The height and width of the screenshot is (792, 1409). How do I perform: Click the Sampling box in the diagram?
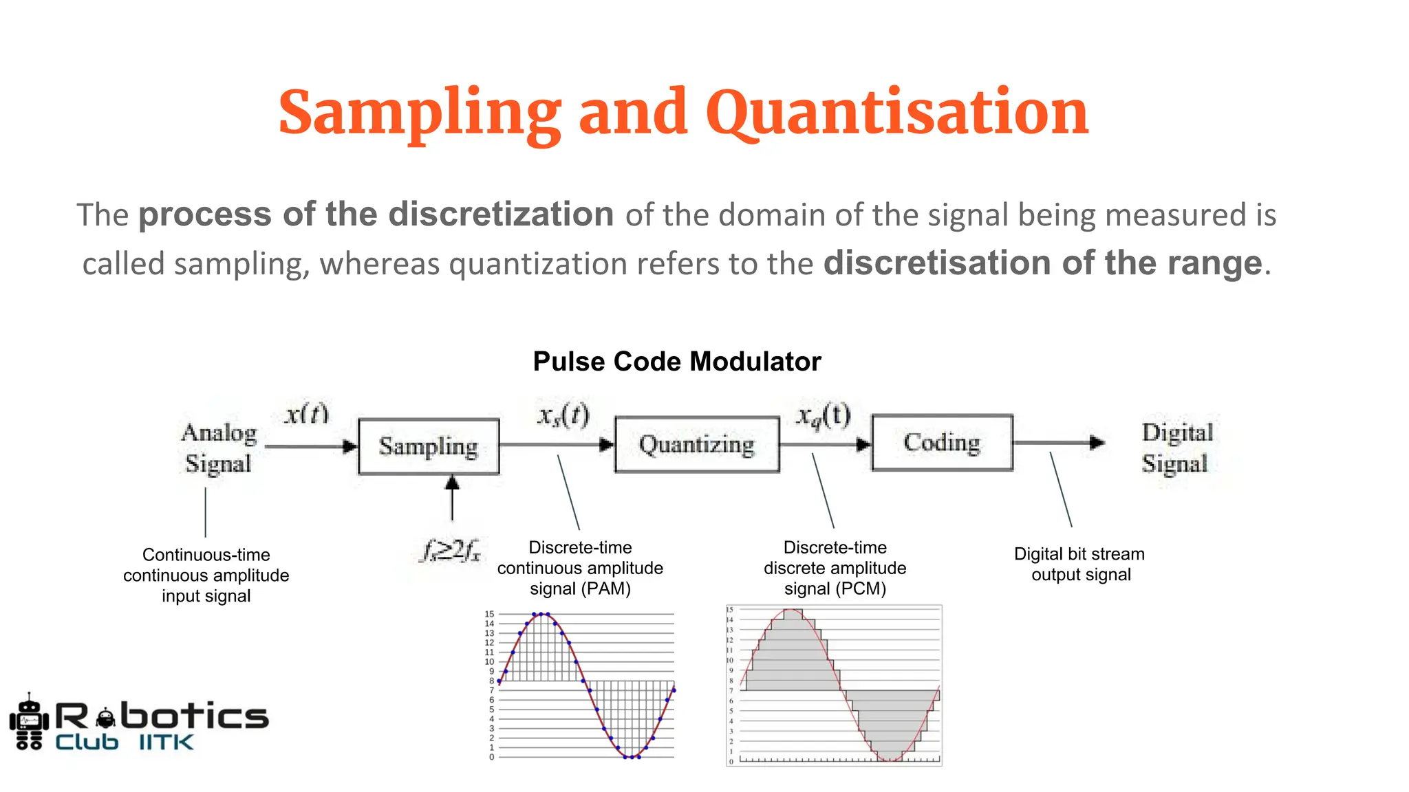[x=429, y=446]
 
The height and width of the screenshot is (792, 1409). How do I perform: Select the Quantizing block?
[x=697, y=444]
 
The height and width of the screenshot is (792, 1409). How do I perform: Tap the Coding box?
[x=942, y=442]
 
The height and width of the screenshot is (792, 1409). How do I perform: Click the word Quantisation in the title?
[x=896, y=112]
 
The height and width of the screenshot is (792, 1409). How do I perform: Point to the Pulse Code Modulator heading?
[x=677, y=362]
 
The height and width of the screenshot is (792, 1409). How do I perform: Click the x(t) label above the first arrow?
[x=307, y=414]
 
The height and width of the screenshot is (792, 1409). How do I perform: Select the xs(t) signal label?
[x=563, y=415]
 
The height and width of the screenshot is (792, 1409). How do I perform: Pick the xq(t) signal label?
[x=823, y=415]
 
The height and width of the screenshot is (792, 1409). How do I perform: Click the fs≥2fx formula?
[x=451, y=551]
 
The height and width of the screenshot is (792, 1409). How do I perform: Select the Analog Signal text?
[x=219, y=448]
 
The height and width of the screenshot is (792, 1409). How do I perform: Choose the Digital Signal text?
[x=1176, y=448]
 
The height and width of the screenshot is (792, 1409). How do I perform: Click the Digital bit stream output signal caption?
[x=1079, y=564]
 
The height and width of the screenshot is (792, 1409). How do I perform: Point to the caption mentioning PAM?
[x=580, y=568]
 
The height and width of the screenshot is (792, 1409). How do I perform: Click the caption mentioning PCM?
[x=835, y=568]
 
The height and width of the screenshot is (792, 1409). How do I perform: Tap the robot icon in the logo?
[x=29, y=722]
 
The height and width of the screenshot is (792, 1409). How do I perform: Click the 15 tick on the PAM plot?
[x=489, y=614]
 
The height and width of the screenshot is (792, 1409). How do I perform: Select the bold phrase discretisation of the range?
[x=1042, y=263]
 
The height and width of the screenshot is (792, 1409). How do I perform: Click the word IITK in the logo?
[x=166, y=742]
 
